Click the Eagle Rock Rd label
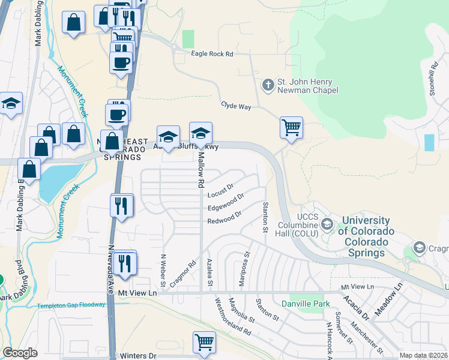(x=211, y=54)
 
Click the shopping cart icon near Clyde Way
(x=291, y=127)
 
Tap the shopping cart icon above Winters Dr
(x=204, y=343)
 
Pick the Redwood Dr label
(x=224, y=217)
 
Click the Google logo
(x=20, y=353)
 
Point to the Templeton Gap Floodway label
(x=71, y=305)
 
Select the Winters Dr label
(x=137, y=356)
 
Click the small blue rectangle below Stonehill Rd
(x=429, y=143)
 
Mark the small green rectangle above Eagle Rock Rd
(x=188, y=39)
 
